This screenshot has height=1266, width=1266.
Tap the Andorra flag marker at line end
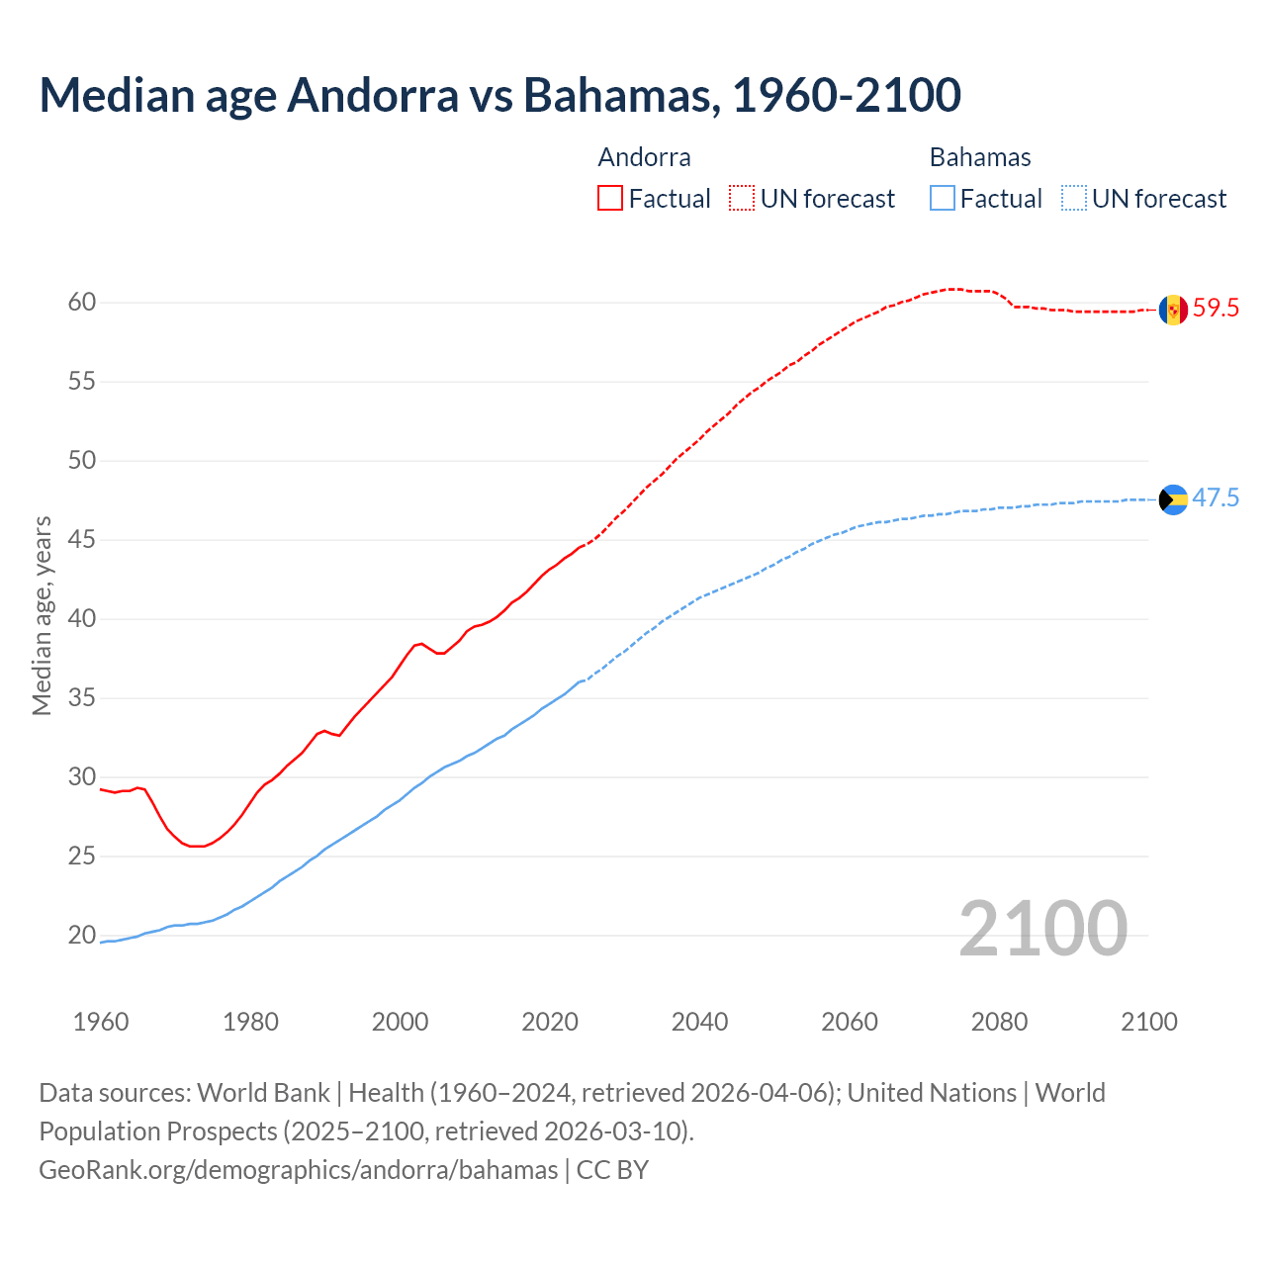1173,310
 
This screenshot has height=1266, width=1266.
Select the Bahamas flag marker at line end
1173,499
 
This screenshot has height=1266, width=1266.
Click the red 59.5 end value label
1216,309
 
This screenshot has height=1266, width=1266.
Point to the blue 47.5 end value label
1216,498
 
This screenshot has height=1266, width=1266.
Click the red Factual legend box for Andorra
610,199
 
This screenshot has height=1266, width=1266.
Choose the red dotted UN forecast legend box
742,199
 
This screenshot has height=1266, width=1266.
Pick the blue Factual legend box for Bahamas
943,199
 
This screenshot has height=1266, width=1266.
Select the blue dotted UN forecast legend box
1074,199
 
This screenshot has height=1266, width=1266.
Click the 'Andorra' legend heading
644,157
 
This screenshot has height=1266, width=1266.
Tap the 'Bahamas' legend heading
979,157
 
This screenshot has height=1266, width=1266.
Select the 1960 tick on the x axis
101,1022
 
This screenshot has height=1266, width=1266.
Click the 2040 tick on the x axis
699,1022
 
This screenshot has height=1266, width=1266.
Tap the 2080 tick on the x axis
999,1022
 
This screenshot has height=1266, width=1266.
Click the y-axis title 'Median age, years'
42,615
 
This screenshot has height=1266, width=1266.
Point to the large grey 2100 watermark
1042,929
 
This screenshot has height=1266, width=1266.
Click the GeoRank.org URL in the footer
298,1170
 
